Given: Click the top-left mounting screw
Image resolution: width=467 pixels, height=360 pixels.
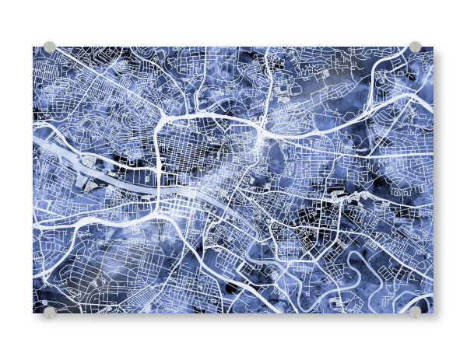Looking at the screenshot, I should pyautogui.click(x=50, y=47).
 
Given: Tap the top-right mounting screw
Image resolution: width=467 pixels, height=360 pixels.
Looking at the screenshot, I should pyautogui.click(x=415, y=47).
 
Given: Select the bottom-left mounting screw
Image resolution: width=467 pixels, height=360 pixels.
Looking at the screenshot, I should pyautogui.click(x=50, y=313).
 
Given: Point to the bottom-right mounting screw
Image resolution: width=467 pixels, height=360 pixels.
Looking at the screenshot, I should pyautogui.click(x=415, y=313).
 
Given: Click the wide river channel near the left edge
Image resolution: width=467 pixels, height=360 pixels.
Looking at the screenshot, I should pyautogui.click(x=54, y=148).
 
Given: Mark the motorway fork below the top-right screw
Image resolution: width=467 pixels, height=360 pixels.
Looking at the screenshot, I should pyautogui.click(x=405, y=78).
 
